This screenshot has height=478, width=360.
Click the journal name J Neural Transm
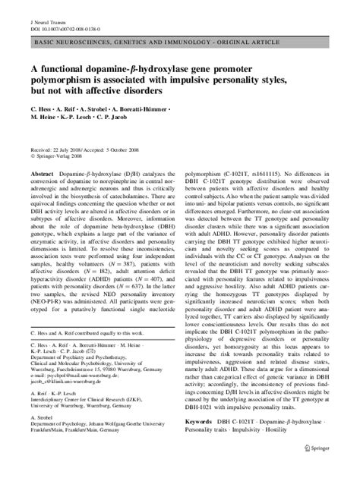(37, 8)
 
